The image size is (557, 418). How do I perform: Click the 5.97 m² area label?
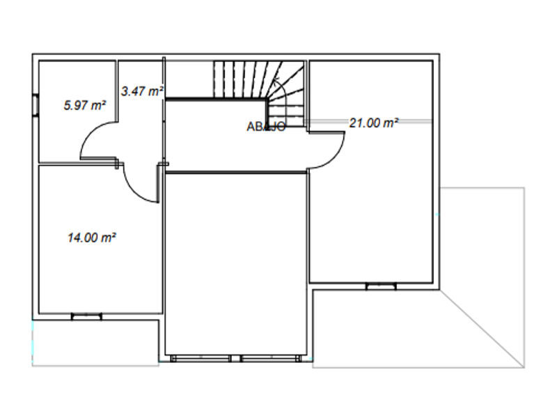tap(85, 105)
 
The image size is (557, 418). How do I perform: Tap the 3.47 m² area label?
tap(142, 91)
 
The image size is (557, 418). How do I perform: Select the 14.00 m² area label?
tap(92, 237)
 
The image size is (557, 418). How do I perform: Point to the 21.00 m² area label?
tap(374, 123)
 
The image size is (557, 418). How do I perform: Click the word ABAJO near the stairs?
tap(266, 127)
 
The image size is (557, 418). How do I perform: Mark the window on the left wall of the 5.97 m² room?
tap(36, 105)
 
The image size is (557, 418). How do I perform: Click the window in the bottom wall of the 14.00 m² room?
tap(86, 316)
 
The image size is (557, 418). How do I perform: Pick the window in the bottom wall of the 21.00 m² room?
tap(381, 286)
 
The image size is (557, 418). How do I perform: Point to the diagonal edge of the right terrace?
tap(482, 329)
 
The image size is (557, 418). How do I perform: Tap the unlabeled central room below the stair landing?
tap(236, 265)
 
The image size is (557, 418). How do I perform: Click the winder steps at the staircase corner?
tap(286, 94)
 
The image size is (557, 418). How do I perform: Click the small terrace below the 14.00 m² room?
tap(95, 343)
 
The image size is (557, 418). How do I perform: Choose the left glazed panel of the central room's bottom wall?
tap(201, 359)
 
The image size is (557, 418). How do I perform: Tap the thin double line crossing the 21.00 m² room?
tap(370, 121)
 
